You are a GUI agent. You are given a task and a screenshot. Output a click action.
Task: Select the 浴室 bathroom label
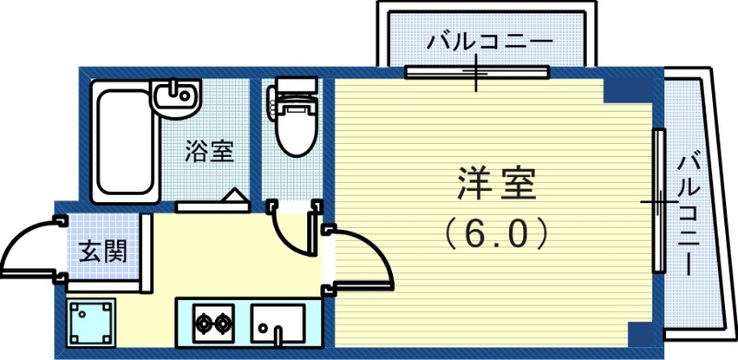209,150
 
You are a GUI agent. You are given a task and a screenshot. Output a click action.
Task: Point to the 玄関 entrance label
102,249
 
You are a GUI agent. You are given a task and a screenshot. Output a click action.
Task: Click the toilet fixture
294,120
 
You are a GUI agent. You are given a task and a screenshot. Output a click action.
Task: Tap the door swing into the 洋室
360,258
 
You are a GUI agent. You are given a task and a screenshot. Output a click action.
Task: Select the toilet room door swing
293,231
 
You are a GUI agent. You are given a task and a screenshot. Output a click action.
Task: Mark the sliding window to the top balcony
477,72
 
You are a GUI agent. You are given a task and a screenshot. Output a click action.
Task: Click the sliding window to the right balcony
659,200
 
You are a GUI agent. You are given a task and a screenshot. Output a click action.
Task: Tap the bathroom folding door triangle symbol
233,198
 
